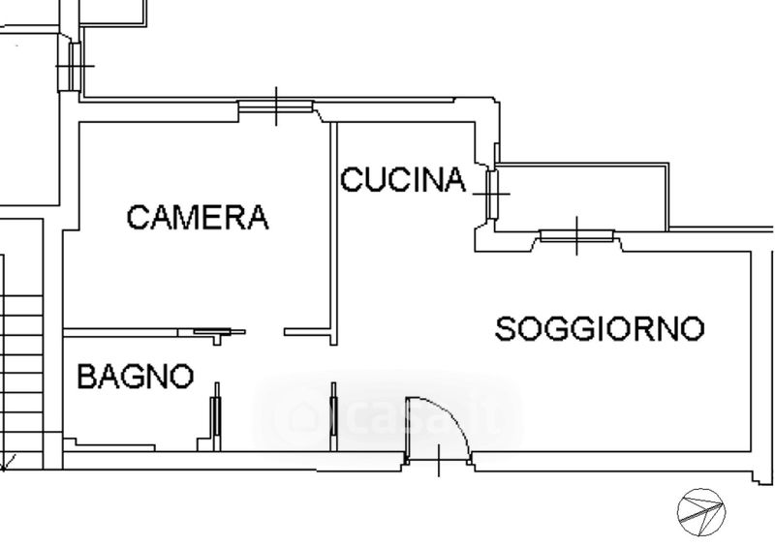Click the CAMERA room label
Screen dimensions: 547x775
[x=198, y=217]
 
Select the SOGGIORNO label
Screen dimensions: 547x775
[x=600, y=329]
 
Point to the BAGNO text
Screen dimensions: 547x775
[x=136, y=376]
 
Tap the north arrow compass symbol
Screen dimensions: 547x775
[x=701, y=508]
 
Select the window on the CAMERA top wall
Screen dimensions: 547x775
[x=276, y=106]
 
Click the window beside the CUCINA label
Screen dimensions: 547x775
[x=492, y=194]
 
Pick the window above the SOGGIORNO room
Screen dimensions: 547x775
[x=577, y=234]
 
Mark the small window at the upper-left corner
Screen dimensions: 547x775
[x=76, y=66]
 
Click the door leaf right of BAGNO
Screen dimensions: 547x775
[x=216, y=416]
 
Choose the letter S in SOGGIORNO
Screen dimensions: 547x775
[x=507, y=329]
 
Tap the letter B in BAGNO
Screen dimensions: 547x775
[x=87, y=376]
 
